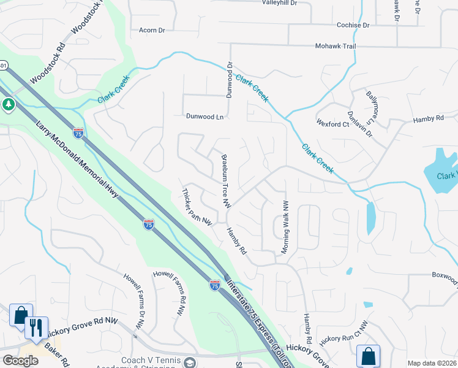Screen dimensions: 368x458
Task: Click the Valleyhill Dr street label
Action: [279, 3]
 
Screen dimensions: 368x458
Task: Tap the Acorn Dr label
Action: [152, 30]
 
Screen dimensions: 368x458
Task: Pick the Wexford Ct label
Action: [332, 124]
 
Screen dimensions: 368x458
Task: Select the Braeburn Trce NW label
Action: [225, 179]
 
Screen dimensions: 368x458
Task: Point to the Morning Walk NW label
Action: [284, 226]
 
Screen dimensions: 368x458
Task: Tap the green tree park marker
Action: [8, 105]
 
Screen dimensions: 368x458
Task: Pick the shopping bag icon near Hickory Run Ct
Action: [368, 356]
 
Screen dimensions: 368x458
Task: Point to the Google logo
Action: [21, 361]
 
